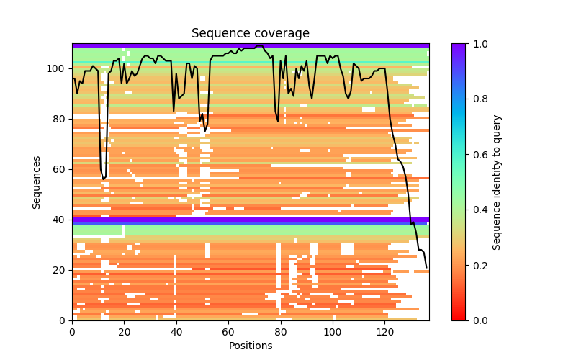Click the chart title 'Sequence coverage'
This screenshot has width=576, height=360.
pyautogui.click(x=250, y=33)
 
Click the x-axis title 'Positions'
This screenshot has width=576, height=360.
pyautogui.click(x=250, y=346)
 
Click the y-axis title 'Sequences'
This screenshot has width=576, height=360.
pyautogui.click(x=36, y=181)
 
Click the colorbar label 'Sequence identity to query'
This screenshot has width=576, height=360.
pyautogui.click(x=498, y=181)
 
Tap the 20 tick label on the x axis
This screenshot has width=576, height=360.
pyautogui.click(x=124, y=332)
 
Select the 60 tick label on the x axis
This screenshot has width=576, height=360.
pyautogui.click(x=228, y=332)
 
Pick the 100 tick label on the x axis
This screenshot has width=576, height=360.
pyautogui.click(x=333, y=332)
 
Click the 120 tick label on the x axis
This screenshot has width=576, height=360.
pyautogui.click(x=384, y=332)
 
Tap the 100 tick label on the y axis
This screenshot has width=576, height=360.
pyautogui.click(x=58, y=68)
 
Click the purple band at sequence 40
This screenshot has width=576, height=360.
pyautogui.click(x=250, y=220)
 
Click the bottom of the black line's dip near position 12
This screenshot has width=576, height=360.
pyautogui.click(x=104, y=179)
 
